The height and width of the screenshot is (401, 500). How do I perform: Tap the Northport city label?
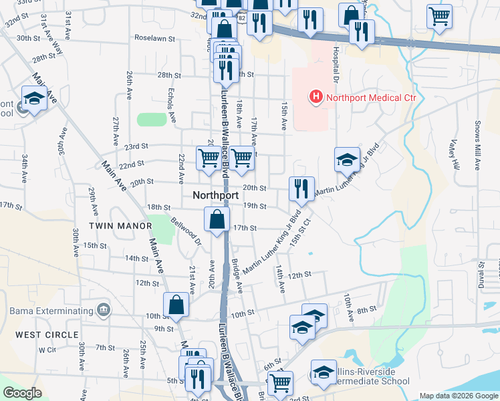[x=215, y=196]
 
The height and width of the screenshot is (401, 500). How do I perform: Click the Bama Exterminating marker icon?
[x=103, y=311]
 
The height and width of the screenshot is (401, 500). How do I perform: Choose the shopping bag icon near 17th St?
[x=217, y=219]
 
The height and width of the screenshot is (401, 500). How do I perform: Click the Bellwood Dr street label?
[x=186, y=231]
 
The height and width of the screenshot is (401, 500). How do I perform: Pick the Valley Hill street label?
[x=455, y=154]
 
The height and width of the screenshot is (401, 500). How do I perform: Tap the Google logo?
[x=23, y=393]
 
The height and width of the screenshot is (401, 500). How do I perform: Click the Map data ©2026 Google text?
[x=458, y=396]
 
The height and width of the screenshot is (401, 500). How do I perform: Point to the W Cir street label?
[x=46, y=350]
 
